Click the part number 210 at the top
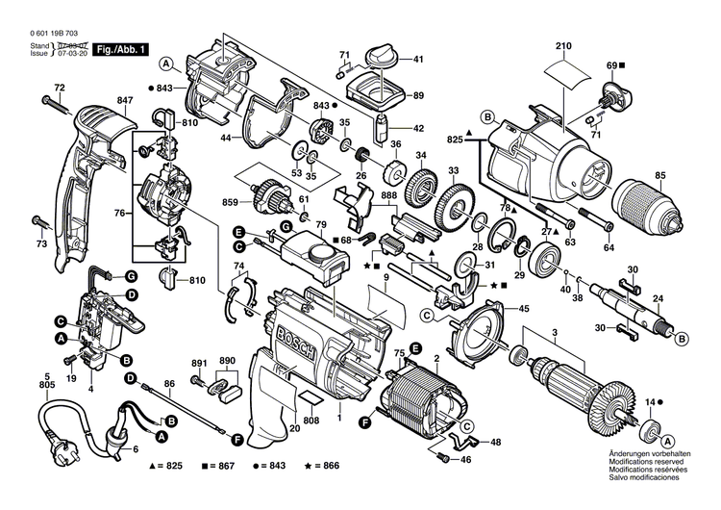click(563, 45)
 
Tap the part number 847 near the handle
click(126, 101)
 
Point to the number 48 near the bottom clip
click(495, 416)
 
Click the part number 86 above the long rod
click(169, 384)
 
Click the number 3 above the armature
click(554, 333)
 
